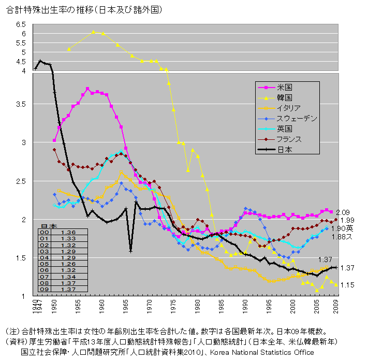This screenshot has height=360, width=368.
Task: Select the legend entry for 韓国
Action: click(x=285, y=97)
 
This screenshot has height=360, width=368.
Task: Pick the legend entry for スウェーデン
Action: click(x=296, y=118)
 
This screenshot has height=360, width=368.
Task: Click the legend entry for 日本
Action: click(x=285, y=150)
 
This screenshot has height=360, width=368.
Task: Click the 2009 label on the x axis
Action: click(x=336, y=310)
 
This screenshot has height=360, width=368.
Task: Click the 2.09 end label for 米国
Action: click(x=343, y=212)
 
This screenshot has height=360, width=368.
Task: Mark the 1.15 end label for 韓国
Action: click(x=347, y=285)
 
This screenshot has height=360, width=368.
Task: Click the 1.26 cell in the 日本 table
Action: click(x=69, y=264)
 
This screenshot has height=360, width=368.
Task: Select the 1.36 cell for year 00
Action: click(x=69, y=233)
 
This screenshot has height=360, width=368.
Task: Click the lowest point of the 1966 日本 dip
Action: click(x=130, y=252)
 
